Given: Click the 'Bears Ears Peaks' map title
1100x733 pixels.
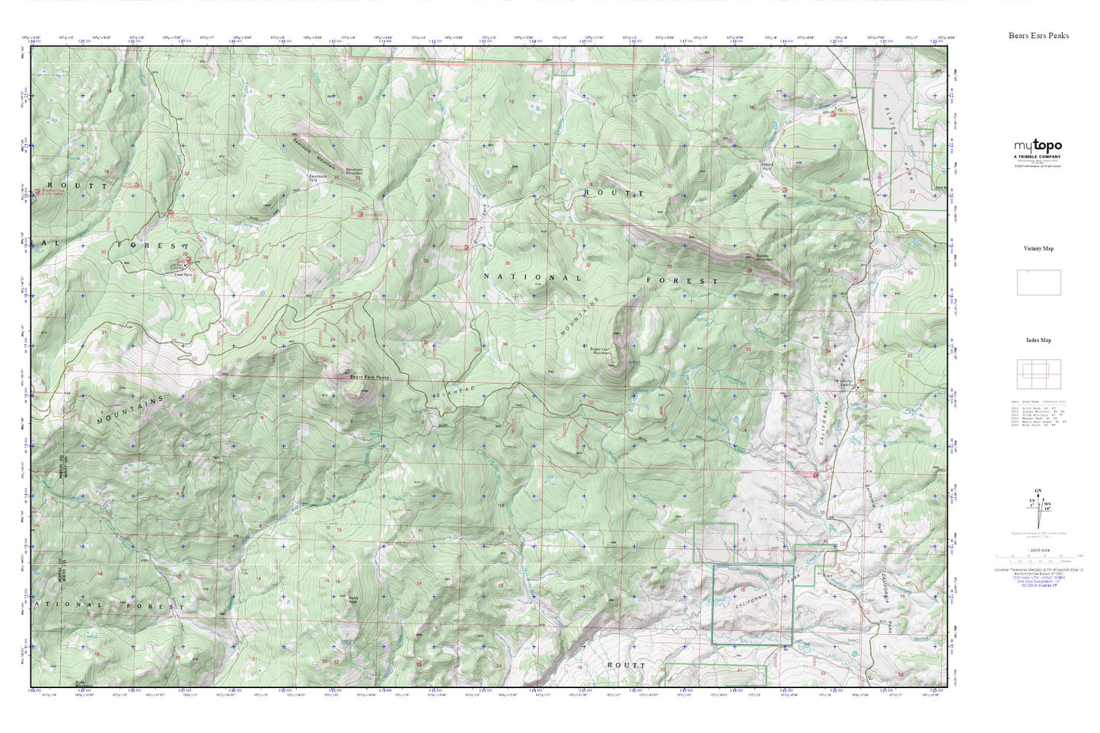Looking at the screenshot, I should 1038,36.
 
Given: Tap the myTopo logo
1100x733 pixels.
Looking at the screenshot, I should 1037,145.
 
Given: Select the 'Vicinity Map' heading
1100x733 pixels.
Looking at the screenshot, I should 1038,249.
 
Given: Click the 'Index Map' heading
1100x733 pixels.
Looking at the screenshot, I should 1038,340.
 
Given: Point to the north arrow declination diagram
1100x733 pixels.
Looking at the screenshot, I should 1037,506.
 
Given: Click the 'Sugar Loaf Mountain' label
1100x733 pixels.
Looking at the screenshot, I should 601,352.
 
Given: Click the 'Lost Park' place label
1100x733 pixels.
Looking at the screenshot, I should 183,276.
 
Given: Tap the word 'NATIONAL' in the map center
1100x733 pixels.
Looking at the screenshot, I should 532,278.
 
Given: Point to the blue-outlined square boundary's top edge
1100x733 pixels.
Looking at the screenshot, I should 753,566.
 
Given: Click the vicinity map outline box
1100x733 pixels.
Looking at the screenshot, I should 1038,282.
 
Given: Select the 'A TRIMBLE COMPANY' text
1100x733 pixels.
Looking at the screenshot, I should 1037,156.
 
